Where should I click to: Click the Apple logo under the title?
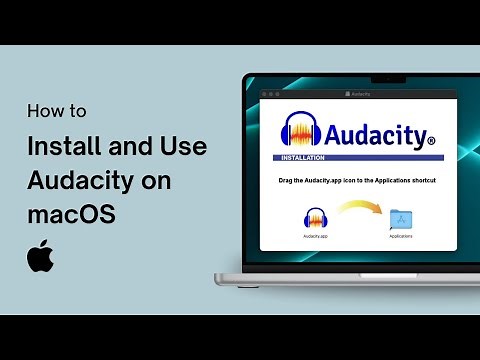[40, 256]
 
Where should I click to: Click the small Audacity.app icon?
[316, 220]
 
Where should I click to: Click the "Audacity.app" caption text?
[316, 237]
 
